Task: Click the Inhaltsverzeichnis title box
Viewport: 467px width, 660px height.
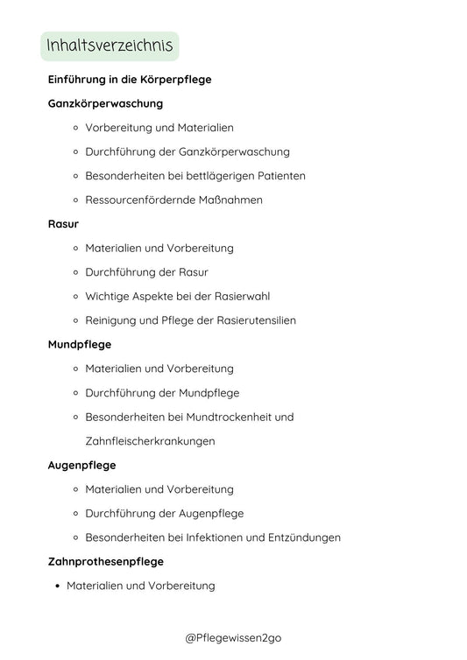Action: point(110,46)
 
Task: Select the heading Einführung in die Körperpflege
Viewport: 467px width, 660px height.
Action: point(130,80)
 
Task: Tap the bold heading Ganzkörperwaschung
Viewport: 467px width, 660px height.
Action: point(105,103)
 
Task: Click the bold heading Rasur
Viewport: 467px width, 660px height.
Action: point(63,224)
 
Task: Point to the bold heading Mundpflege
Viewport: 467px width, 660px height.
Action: point(79,345)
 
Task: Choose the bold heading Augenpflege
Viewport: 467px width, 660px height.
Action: point(81,466)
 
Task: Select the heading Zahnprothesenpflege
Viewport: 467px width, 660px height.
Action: point(105,562)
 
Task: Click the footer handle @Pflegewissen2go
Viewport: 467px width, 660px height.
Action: point(233,639)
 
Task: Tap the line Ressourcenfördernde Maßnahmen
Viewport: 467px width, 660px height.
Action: point(173,200)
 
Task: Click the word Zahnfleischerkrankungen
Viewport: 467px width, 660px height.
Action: point(150,441)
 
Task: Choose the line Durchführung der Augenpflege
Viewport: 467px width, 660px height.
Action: point(164,514)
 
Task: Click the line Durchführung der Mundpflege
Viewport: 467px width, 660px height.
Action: point(162,393)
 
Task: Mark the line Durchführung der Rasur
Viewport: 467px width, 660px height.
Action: point(146,272)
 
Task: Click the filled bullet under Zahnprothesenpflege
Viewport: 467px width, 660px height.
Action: point(57,586)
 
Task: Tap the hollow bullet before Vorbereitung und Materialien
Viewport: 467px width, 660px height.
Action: point(76,128)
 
